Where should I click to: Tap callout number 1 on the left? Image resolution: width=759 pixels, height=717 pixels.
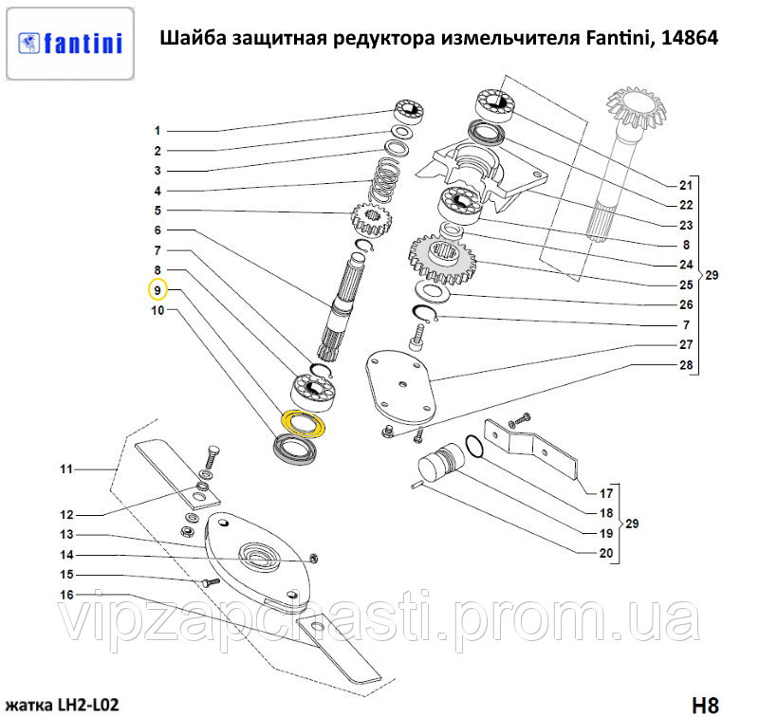[x=157, y=131]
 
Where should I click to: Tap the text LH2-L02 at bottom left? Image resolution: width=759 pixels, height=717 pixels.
[x=85, y=705]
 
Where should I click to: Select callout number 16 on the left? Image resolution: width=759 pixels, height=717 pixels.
[x=67, y=595]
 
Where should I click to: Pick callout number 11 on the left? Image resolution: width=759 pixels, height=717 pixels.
[x=67, y=469]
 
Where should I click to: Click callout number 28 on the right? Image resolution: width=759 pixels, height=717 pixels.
[x=685, y=365]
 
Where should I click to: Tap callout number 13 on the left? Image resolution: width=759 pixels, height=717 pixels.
[x=67, y=535]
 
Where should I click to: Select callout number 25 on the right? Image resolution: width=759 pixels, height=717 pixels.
[x=686, y=285]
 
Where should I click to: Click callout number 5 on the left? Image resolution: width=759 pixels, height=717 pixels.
[x=157, y=211]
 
